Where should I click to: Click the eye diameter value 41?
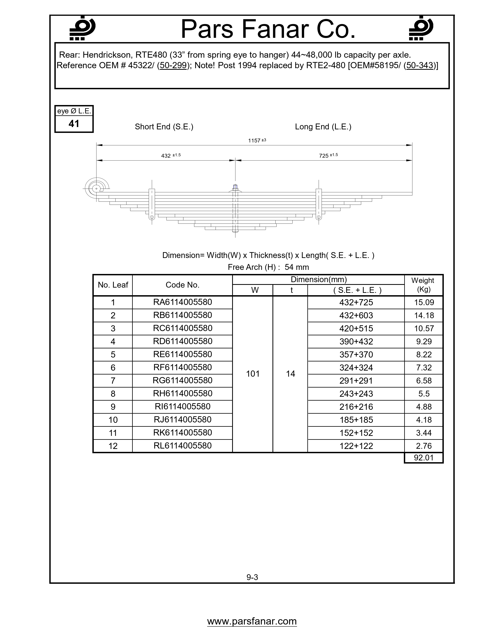tap(74, 124)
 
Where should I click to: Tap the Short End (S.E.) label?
tap(164, 127)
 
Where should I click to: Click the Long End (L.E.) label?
tap(323, 127)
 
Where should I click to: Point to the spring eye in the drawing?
tap(96, 188)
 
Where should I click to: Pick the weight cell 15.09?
tap(424, 302)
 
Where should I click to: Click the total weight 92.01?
tap(424, 458)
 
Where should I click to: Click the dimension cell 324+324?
tap(356, 368)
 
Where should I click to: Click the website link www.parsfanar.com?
tap(252, 621)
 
